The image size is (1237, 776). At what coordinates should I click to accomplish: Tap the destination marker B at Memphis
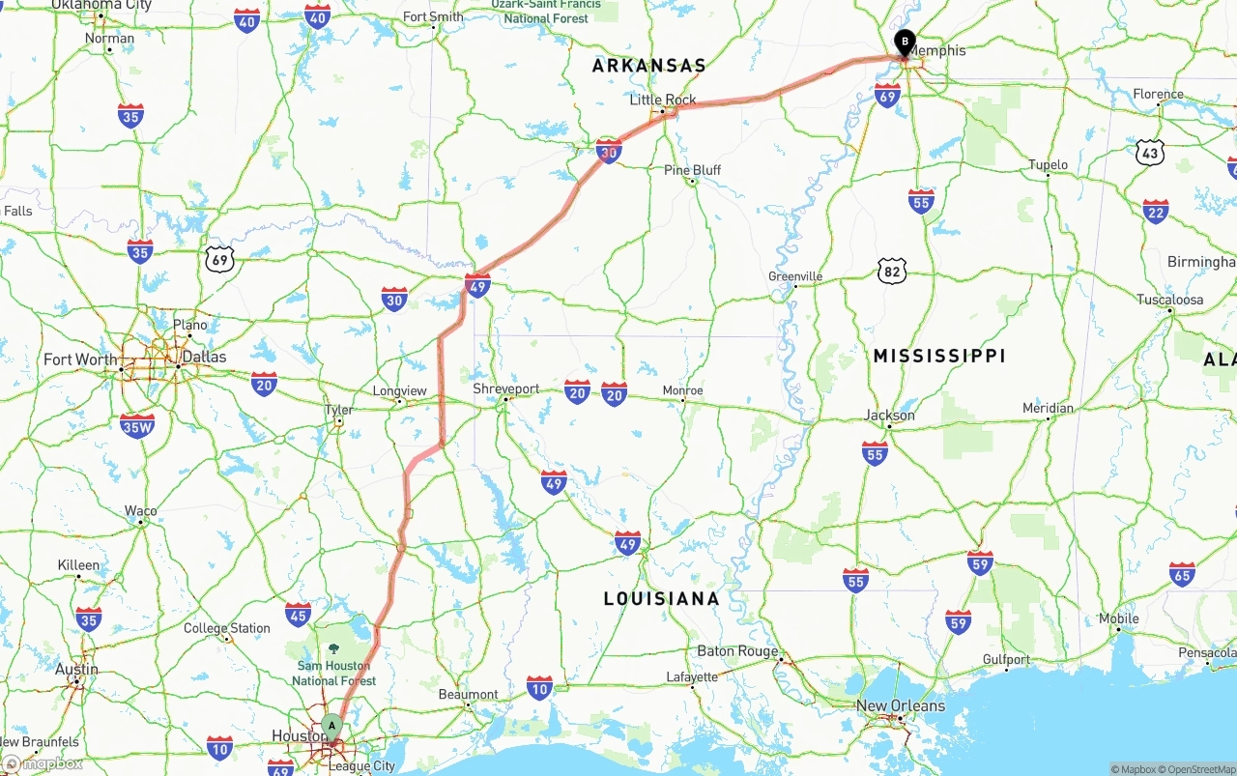tap(905, 43)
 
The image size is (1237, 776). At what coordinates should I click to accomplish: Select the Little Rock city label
tap(663, 100)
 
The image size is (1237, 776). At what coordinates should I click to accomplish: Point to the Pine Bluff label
tap(692, 170)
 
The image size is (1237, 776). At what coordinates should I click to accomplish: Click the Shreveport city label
tap(506, 388)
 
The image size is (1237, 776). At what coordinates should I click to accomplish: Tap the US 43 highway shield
tap(1149, 152)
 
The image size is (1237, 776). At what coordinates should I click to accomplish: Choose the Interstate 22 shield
tap(1156, 212)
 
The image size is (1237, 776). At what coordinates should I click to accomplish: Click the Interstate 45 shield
tap(299, 615)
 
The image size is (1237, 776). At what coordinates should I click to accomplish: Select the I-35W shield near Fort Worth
tap(137, 425)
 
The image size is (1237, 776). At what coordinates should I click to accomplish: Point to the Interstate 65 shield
tap(1181, 574)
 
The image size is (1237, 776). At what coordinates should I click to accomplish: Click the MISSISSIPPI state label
tap(939, 356)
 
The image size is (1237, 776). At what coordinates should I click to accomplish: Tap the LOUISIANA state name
tap(661, 598)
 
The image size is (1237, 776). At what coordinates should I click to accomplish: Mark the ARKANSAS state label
tap(648, 66)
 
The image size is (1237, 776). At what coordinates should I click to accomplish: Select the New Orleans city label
tap(901, 705)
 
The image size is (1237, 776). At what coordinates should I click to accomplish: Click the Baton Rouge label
tap(737, 651)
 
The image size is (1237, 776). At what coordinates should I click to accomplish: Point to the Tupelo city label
tap(1048, 165)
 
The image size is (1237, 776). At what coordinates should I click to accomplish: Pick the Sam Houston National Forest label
tap(333, 673)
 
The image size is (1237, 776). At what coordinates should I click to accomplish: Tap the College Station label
tap(227, 628)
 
